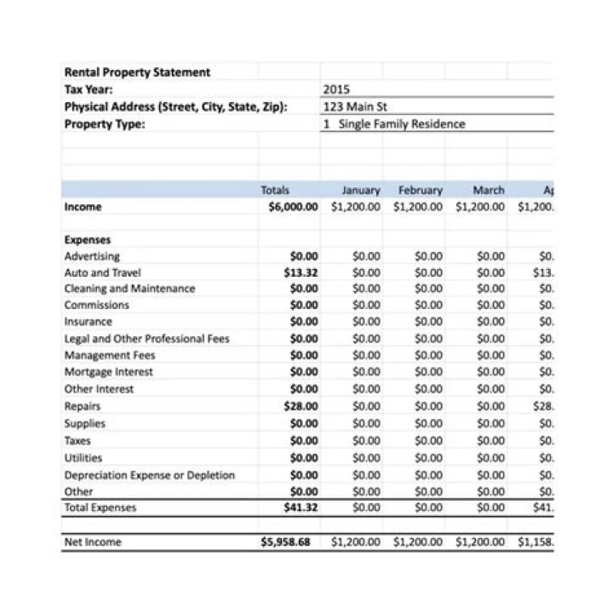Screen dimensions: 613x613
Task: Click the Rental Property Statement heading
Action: click(137, 72)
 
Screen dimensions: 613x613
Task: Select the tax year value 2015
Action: click(336, 89)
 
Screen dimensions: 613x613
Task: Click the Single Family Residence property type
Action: click(395, 123)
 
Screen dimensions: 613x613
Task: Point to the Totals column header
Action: click(275, 190)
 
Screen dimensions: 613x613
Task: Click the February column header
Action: click(421, 190)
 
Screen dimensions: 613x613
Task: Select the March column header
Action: click(488, 190)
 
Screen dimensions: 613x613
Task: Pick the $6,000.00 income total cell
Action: click(293, 207)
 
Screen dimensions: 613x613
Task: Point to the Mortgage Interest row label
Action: click(109, 372)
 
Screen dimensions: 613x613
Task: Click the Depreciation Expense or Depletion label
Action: click(150, 475)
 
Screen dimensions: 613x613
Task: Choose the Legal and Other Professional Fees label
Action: click(147, 339)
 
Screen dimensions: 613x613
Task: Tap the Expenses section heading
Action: click(88, 240)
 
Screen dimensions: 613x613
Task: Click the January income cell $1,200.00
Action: click(356, 207)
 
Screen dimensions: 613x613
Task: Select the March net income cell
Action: click(479, 541)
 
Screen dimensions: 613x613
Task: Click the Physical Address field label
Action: click(176, 106)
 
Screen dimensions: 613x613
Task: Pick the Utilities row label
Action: click(83, 458)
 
